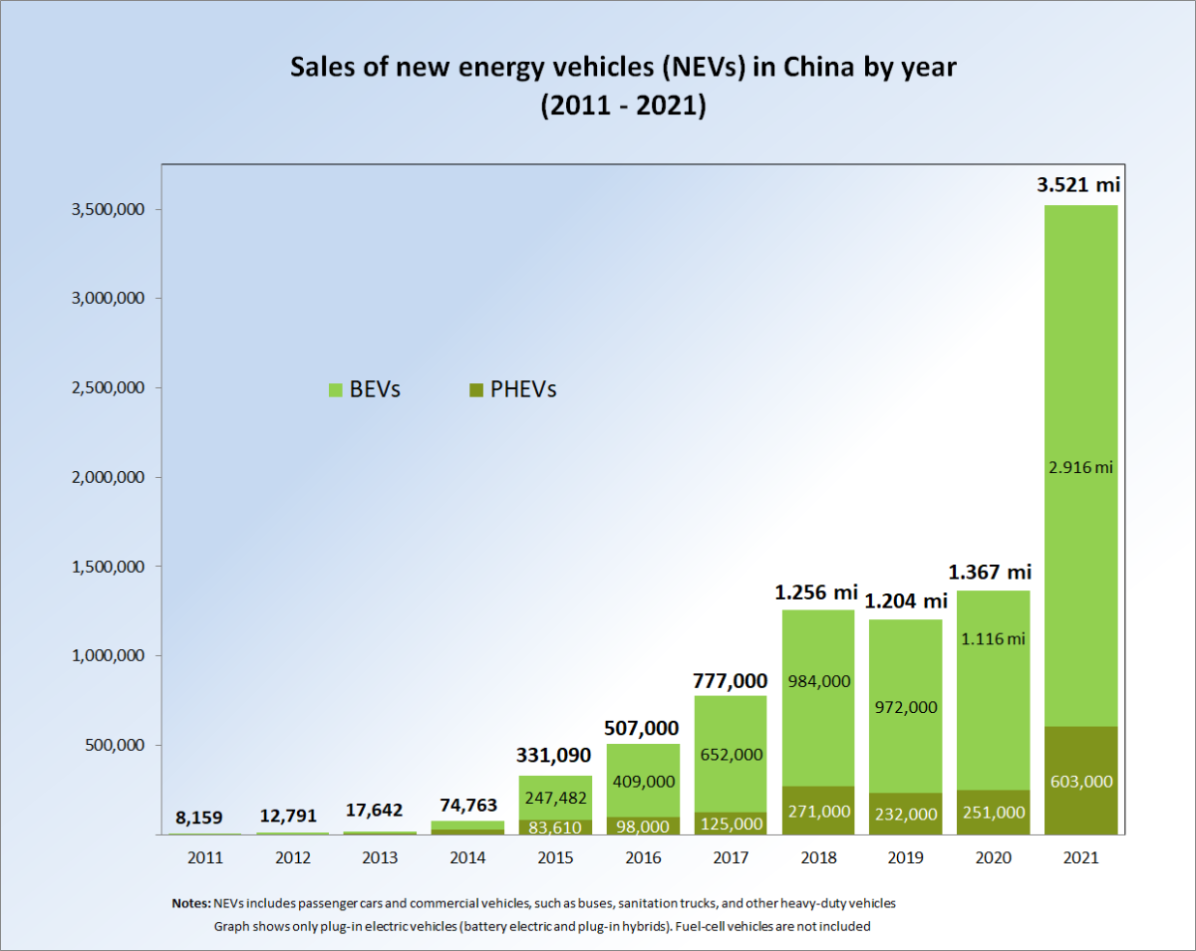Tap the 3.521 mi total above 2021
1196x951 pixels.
pyautogui.click(x=1080, y=184)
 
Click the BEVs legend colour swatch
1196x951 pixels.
pyautogui.click(x=335, y=389)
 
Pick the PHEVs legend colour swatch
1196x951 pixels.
pyautogui.click(x=474, y=389)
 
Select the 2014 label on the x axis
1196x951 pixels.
pyautogui.click(x=467, y=857)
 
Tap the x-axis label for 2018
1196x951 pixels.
pyautogui.click(x=817, y=857)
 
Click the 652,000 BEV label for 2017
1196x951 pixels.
pyautogui.click(x=731, y=755)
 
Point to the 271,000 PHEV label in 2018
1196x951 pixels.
pyautogui.click(x=817, y=812)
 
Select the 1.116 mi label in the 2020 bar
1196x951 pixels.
pyautogui.click(x=993, y=639)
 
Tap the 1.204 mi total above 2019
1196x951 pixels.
pyautogui.click(x=905, y=601)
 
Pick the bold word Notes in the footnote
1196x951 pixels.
pyautogui.click(x=190, y=903)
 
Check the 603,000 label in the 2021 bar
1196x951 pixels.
pyautogui.click(x=1080, y=782)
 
